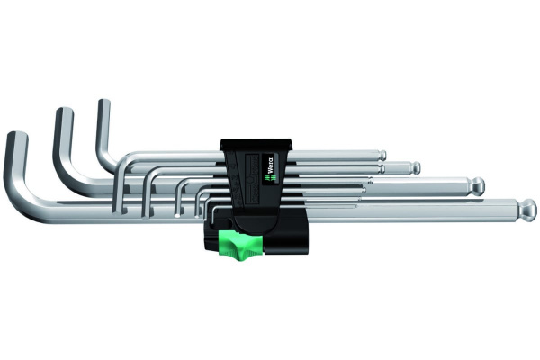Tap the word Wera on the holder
click(270, 166)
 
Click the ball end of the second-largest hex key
click(477, 186)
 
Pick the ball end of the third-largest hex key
click(415, 167)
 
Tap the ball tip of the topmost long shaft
click(382, 155)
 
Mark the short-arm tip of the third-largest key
click(104, 102)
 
